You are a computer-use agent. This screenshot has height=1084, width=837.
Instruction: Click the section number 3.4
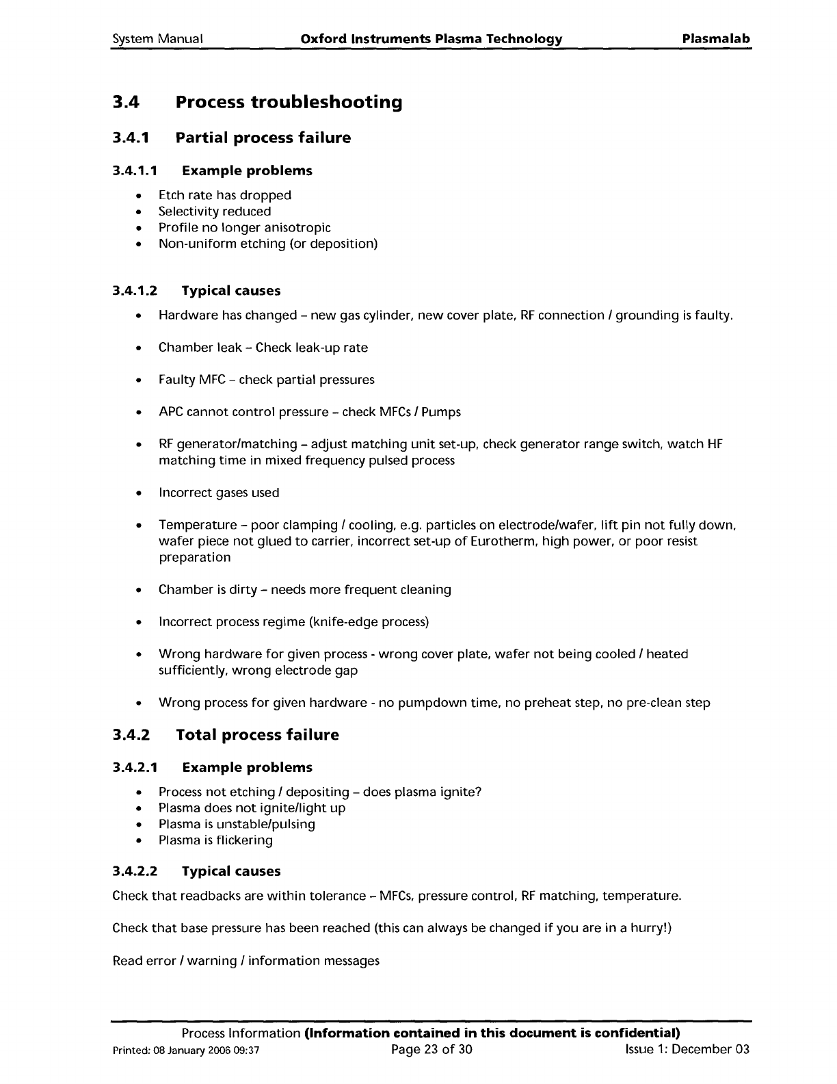[x=126, y=103]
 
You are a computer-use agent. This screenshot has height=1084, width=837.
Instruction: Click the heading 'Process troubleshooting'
[x=289, y=103]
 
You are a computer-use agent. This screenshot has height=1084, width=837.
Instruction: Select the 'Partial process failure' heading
[x=263, y=138]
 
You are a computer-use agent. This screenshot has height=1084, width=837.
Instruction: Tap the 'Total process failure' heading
[x=257, y=735]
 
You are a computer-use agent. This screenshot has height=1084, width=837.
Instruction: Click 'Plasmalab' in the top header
[x=716, y=39]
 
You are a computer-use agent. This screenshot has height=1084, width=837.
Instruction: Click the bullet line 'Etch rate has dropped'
[x=225, y=196]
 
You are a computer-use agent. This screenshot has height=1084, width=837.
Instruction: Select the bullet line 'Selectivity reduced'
[x=215, y=211]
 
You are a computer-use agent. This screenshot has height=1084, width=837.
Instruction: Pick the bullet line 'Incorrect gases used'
[x=219, y=493]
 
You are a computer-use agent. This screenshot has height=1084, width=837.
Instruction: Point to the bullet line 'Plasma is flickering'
[x=215, y=840]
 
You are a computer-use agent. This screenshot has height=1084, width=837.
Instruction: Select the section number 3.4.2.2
[x=135, y=872]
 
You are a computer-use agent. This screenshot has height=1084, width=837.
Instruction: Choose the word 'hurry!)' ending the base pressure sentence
[x=650, y=929]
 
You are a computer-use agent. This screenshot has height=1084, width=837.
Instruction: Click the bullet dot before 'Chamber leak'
[x=139, y=348]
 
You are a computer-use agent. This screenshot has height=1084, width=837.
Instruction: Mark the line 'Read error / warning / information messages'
[x=245, y=961]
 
